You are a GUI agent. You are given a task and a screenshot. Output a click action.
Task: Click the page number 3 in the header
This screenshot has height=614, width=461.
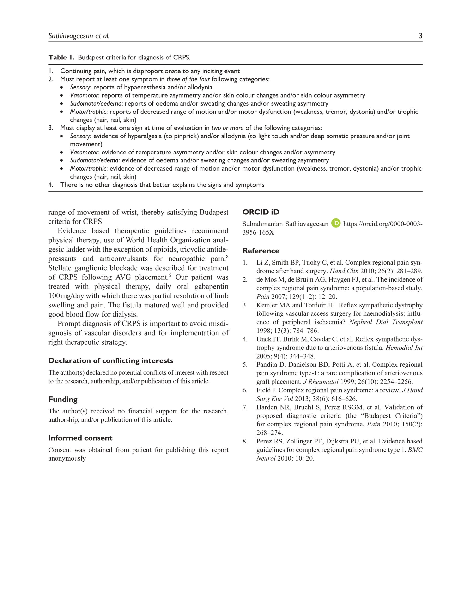[x=420, y=36]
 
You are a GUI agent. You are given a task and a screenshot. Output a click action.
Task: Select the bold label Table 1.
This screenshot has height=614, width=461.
[x=61, y=58]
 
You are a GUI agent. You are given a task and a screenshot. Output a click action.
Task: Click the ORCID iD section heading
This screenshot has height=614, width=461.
[x=261, y=212]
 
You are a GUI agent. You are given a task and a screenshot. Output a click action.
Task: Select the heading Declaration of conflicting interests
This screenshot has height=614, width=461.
[x=111, y=360]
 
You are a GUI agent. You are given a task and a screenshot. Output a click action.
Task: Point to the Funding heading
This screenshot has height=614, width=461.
[x=63, y=399]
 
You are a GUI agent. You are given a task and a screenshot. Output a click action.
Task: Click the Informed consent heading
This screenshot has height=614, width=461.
[x=80, y=438]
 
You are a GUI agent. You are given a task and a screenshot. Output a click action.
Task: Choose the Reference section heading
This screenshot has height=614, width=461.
[x=261, y=251]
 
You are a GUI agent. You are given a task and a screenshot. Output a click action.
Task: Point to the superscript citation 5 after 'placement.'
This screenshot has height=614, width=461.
[x=170, y=275]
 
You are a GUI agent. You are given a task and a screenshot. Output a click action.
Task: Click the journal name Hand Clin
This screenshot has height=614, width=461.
[x=344, y=271]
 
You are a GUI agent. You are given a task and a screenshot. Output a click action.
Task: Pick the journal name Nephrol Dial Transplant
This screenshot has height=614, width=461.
[x=386, y=322]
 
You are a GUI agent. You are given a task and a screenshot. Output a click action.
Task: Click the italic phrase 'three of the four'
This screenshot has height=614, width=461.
[x=188, y=79]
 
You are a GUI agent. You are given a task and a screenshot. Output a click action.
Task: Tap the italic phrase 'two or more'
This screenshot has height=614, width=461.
[x=227, y=128]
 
